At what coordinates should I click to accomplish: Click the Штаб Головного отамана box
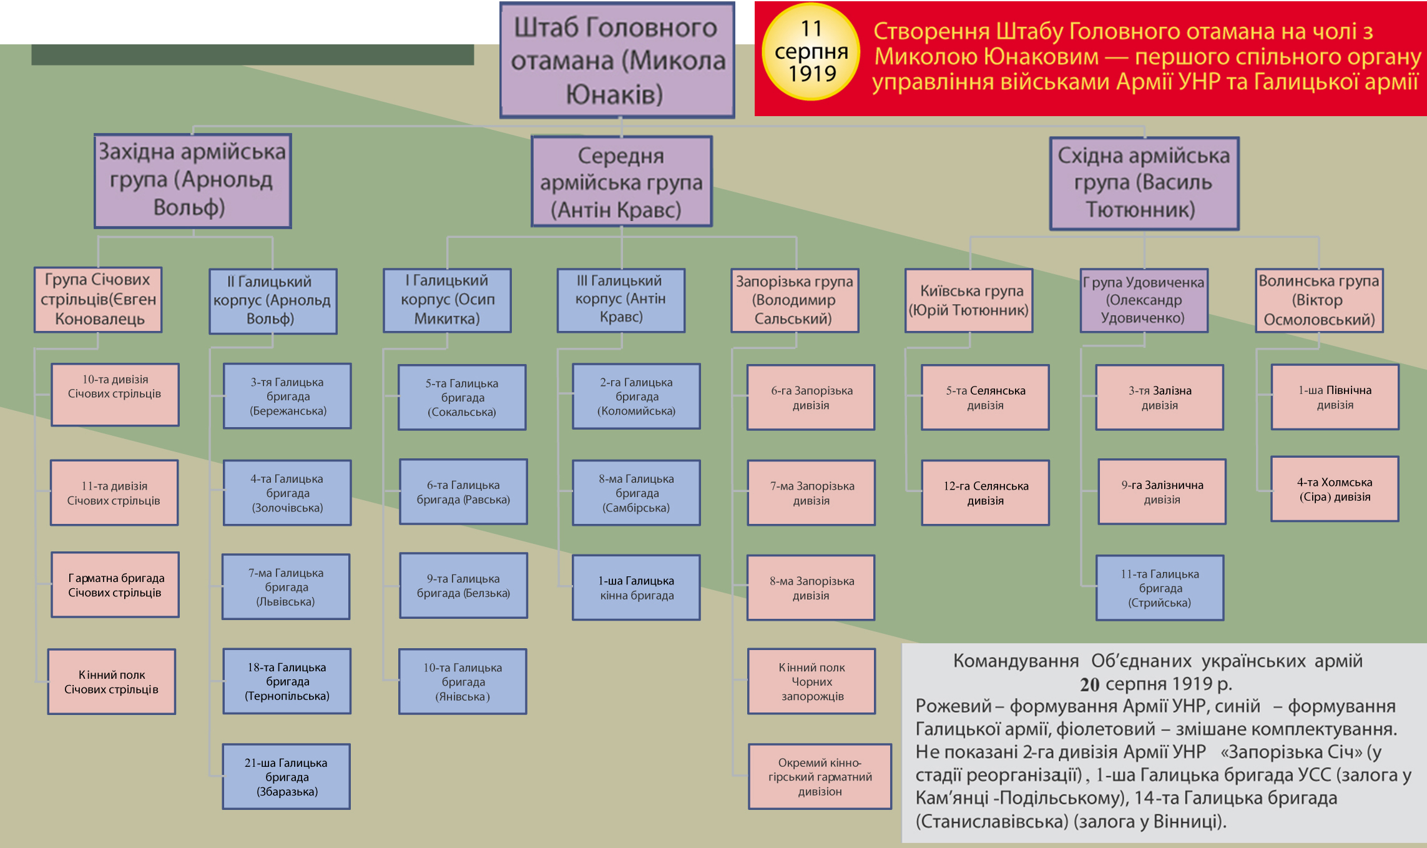617,61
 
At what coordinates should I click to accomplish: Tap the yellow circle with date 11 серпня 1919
811,52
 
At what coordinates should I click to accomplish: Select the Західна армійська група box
192,180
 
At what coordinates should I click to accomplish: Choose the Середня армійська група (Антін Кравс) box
621,182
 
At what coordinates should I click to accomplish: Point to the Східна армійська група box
1144,183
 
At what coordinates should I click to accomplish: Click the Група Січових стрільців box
98,300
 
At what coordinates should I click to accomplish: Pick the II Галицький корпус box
273,301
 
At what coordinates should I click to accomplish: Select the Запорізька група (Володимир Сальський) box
794,300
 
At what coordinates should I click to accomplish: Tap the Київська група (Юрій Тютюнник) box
969,300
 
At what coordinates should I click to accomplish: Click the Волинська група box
1319,300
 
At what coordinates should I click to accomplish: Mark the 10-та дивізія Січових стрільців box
115,395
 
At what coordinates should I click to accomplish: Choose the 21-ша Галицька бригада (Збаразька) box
287,776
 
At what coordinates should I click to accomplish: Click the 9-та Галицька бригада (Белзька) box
463,586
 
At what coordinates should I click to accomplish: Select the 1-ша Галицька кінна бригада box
636,588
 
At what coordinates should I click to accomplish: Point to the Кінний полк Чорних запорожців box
812,681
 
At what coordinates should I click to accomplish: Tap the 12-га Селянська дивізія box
985,493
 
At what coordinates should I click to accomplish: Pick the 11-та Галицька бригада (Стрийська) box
1159,588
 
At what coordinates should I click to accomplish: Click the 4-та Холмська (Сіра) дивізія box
1335,489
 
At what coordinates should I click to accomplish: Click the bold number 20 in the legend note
1089,685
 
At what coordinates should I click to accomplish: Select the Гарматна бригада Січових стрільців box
115,585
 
